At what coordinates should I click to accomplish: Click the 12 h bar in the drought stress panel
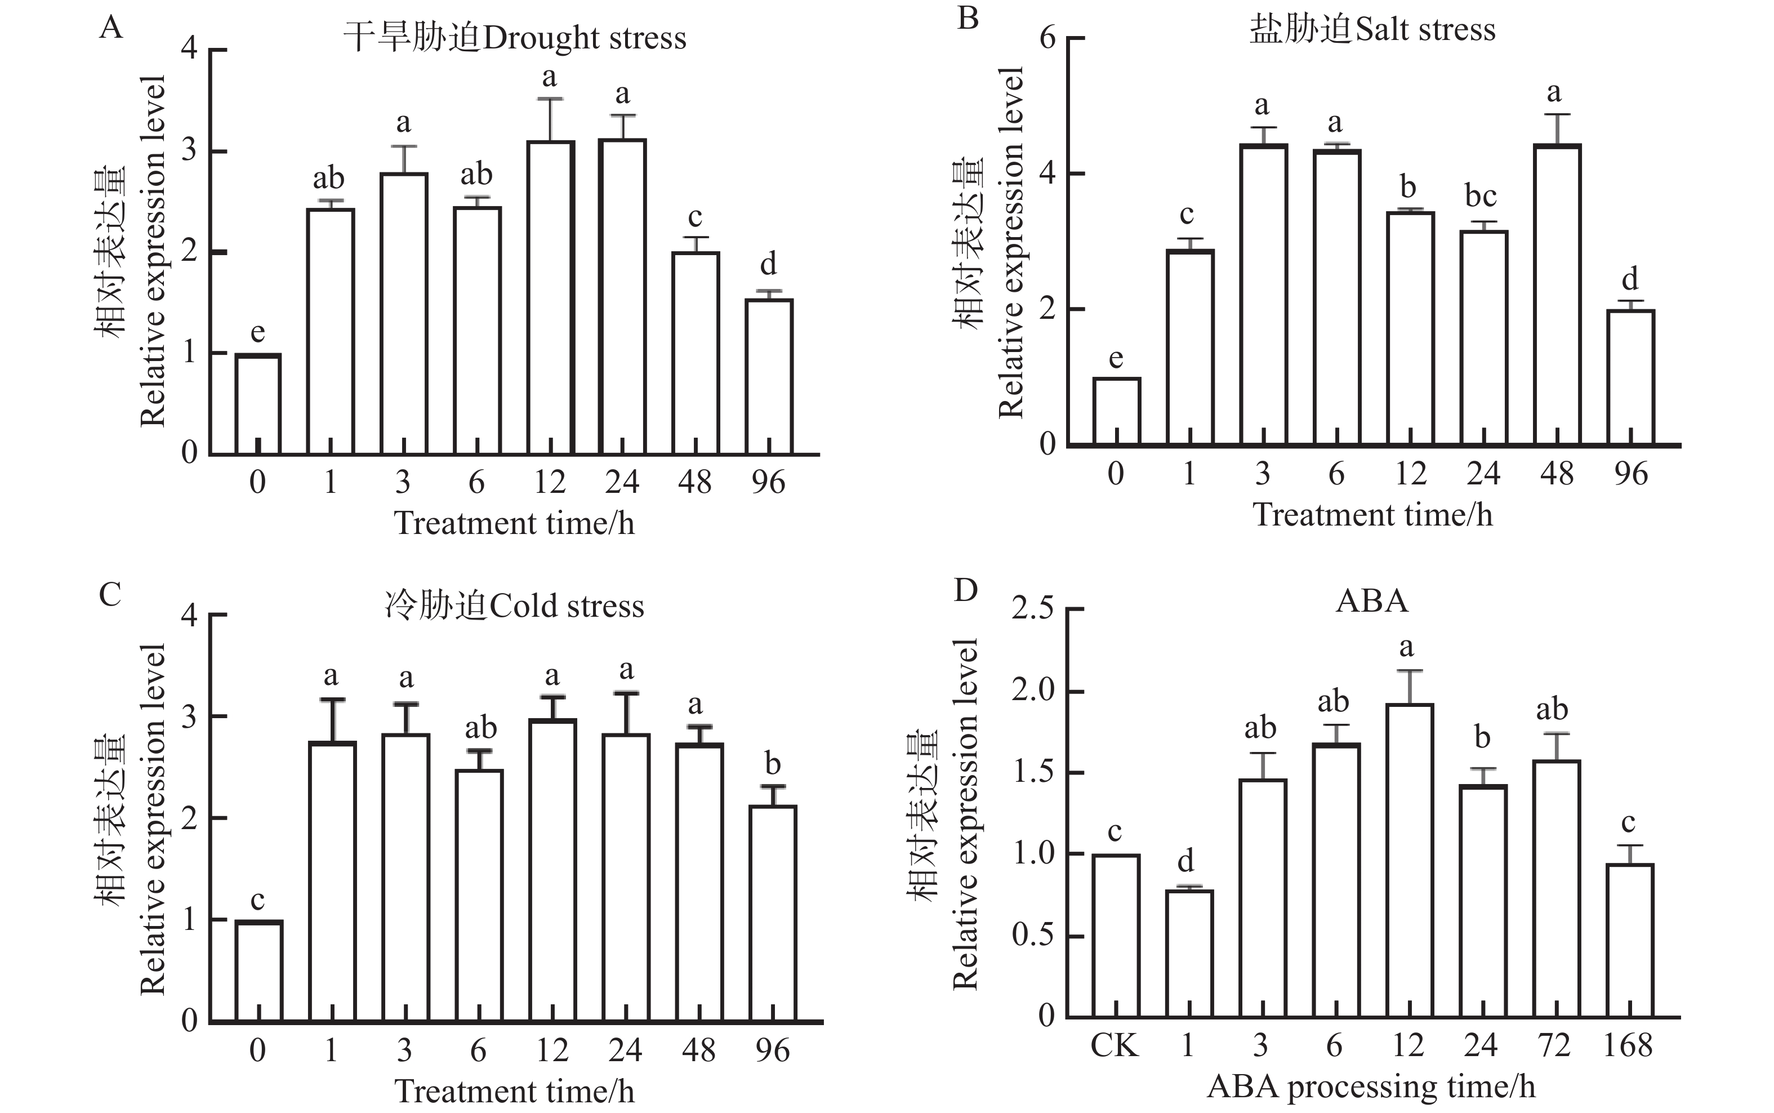pyautogui.click(x=550, y=297)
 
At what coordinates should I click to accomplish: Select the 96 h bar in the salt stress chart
pyautogui.click(x=1630, y=377)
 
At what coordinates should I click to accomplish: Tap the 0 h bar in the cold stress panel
pyautogui.click(x=258, y=971)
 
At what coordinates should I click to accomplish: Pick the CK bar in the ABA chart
pyautogui.click(x=1116, y=935)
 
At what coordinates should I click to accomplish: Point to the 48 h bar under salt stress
pyautogui.click(x=1557, y=295)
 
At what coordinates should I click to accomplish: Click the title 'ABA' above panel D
pyautogui.click(x=1371, y=602)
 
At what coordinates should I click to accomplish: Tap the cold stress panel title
pyautogui.click(x=514, y=607)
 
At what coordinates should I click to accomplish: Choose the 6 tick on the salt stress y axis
pyautogui.click(x=1047, y=38)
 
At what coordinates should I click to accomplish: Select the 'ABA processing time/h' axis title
pyautogui.click(x=1371, y=1087)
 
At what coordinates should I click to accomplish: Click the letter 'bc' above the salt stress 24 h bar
pyautogui.click(x=1481, y=197)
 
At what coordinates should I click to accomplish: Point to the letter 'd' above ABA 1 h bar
pyautogui.click(x=1186, y=860)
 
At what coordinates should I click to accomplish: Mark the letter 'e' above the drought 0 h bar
pyautogui.click(x=257, y=333)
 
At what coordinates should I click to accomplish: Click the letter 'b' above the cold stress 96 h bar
pyautogui.click(x=773, y=764)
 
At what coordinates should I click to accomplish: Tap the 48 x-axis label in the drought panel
pyautogui.click(x=694, y=482)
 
